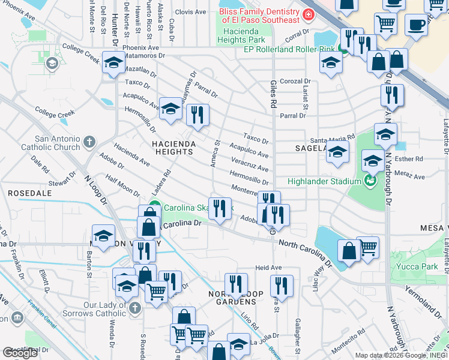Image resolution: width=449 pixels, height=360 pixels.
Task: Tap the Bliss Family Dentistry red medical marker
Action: [308, 14]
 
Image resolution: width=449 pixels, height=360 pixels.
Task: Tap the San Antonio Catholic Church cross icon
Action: [89, 142]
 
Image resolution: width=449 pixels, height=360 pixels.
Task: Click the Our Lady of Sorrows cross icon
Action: [135, 308]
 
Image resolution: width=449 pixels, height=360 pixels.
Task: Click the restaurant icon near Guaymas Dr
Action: [197, 113]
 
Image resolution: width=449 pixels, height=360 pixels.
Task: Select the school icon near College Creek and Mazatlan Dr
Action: [113, 62]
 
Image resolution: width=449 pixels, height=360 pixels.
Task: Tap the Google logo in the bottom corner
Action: [19, 353]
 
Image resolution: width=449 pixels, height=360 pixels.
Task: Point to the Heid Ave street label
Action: [268, 268]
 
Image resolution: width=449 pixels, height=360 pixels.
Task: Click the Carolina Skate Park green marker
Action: [154, 209]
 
